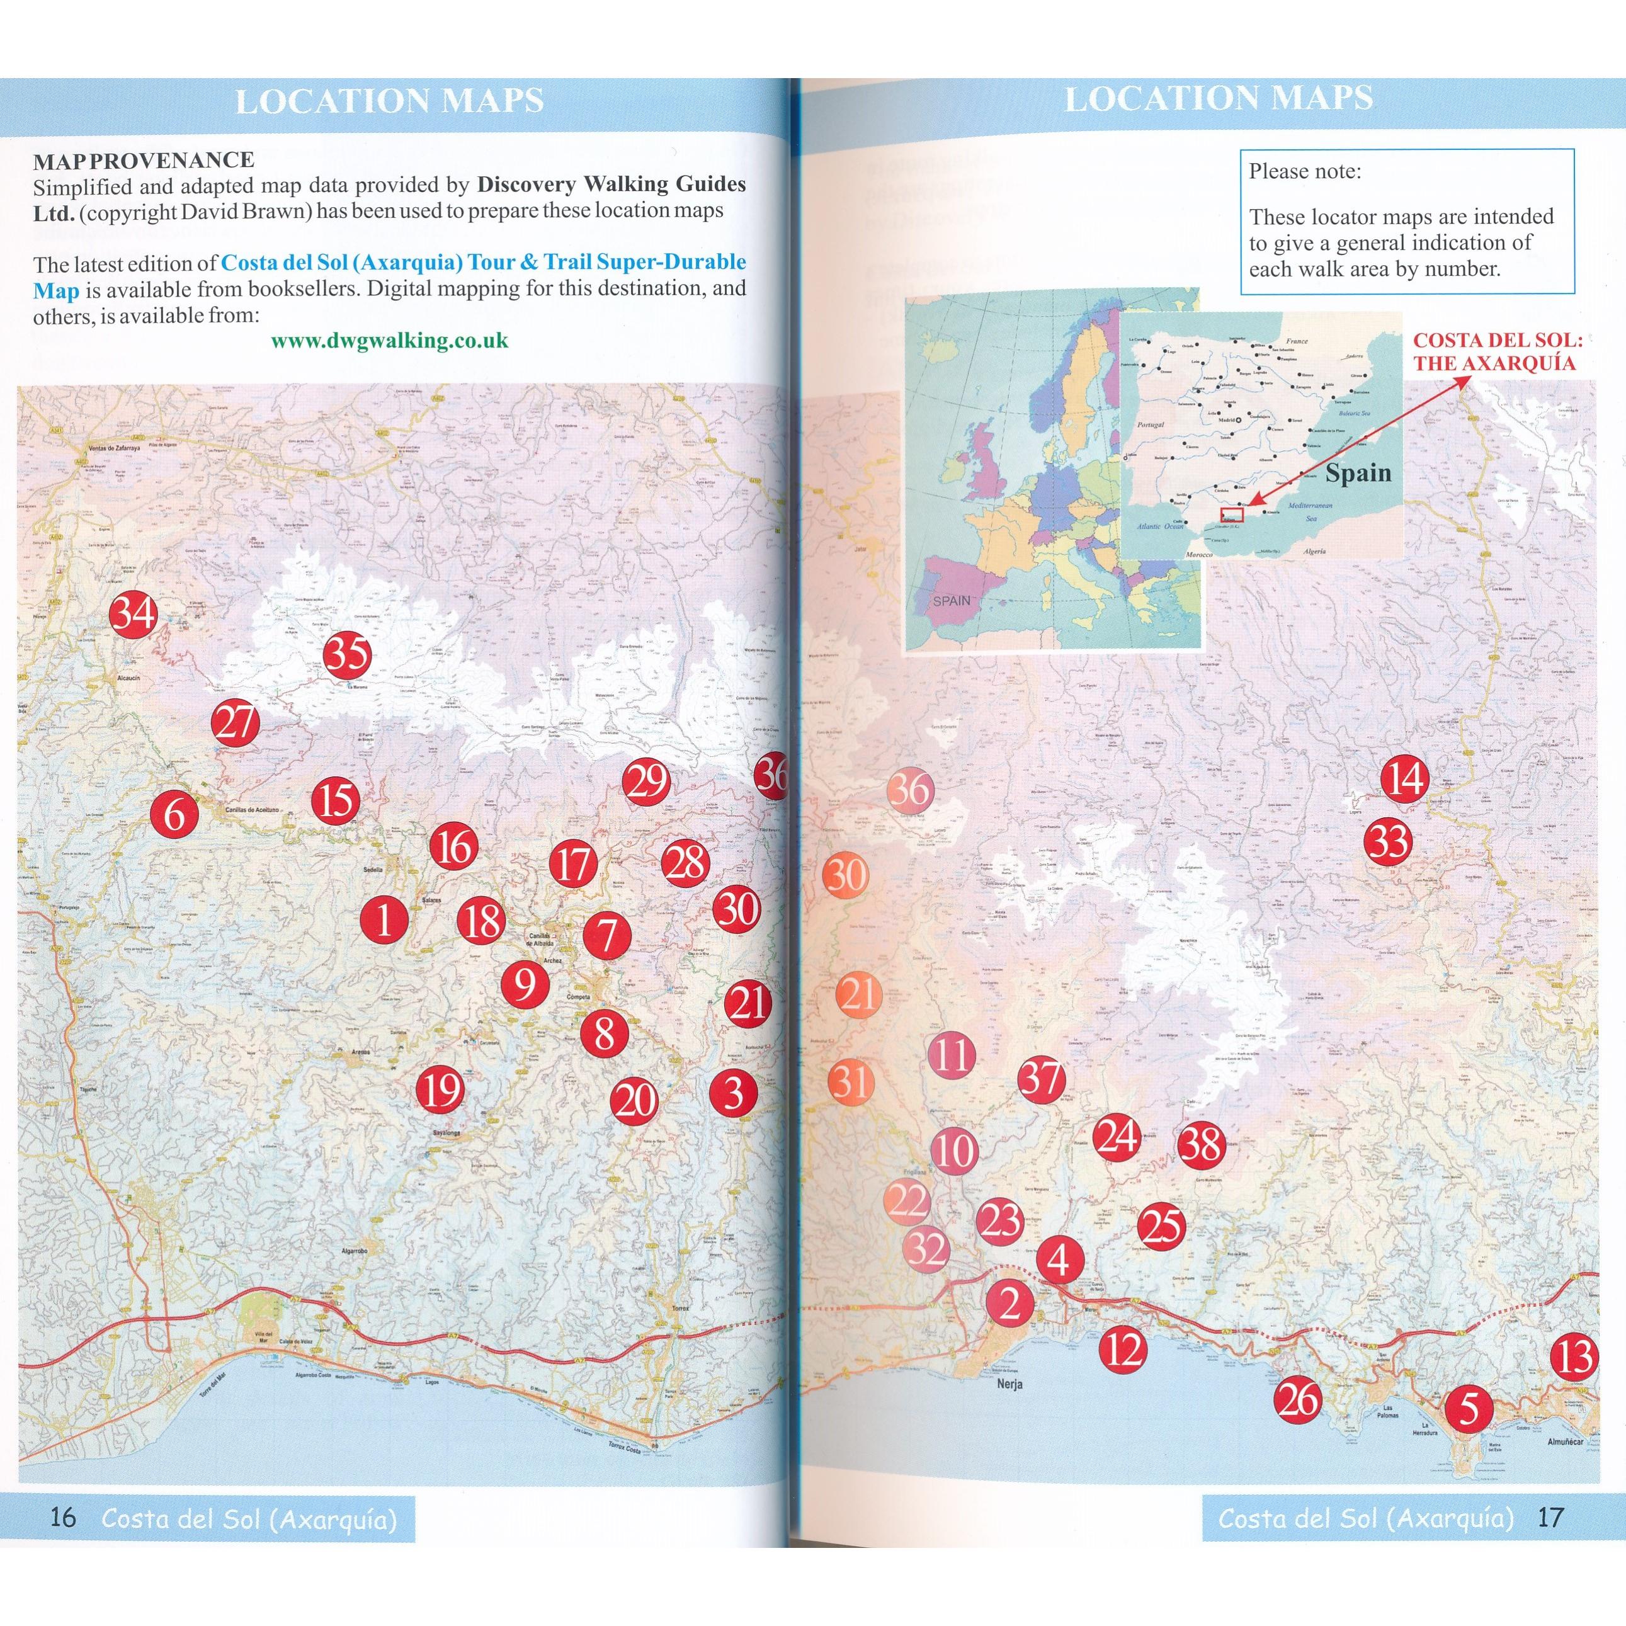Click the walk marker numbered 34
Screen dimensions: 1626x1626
point(134,613)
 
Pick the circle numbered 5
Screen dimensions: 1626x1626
point(1468,1409)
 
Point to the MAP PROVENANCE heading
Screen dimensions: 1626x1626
point(143,160)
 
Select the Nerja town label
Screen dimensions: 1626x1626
point(1008,1384)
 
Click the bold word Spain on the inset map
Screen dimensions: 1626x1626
point(1358,473)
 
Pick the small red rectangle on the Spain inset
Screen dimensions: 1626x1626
point(1231,515)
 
